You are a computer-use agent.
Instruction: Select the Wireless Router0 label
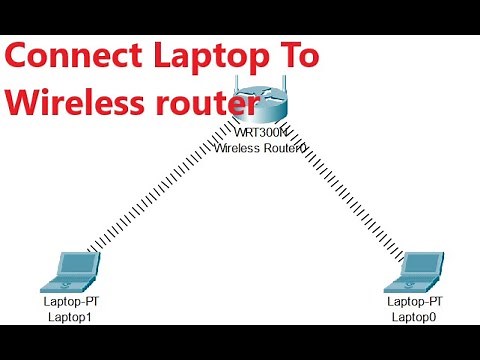[x=260, y=147]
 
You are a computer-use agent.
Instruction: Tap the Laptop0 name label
[x=414, y=316]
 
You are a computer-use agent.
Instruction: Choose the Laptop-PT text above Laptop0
[x=414, y=301]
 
